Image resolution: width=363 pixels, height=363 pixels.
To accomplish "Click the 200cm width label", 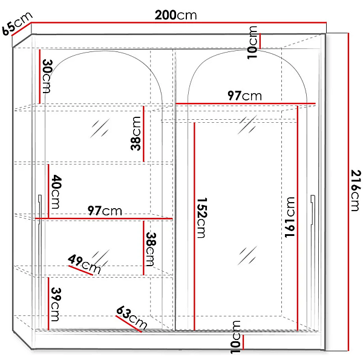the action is point(175,15).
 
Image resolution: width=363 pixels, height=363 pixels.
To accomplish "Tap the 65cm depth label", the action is point(18,24).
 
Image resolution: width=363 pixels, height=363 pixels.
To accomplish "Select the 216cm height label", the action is point(356,191).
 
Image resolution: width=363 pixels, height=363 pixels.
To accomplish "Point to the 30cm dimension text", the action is point(47,76).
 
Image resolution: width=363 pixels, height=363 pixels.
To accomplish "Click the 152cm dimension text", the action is point(201,218).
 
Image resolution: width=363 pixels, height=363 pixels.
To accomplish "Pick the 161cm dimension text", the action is point(290,217).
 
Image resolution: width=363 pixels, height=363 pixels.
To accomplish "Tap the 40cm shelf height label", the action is point(56,192).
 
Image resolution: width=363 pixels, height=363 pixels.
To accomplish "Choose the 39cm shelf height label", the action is point(56,304).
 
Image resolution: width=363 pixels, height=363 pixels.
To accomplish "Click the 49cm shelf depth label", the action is point(84,264).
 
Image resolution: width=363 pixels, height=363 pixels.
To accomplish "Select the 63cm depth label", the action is point(131,317).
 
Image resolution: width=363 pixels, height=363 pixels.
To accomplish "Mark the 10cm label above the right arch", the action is point(252,42).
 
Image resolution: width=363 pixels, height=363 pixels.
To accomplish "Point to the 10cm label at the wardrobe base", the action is point(236,337).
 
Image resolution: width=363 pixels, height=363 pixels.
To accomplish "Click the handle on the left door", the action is point(40,209).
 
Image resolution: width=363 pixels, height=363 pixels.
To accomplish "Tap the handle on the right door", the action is point(313,209).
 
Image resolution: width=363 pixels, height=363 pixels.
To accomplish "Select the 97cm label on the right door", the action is point(244,96).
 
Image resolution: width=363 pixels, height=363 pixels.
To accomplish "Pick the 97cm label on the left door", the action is point(105,211).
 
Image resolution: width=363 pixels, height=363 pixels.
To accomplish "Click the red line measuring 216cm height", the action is point(348,192).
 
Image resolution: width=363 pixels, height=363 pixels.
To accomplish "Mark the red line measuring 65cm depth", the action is point(22,29).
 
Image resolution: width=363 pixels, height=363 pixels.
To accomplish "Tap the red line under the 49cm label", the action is point(80,270).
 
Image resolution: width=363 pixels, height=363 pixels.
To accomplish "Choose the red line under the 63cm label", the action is point(128,324).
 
